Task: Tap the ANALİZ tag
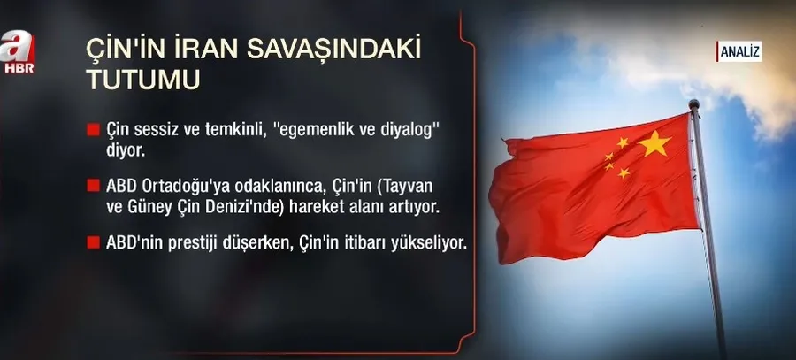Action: coord(739,53)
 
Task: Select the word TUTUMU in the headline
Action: coord(146,78)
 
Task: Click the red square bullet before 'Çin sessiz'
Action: coord(92,129)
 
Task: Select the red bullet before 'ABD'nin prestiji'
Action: coord(92,242)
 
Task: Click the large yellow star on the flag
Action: coord(654,143)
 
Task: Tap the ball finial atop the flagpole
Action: coord(693,103)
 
